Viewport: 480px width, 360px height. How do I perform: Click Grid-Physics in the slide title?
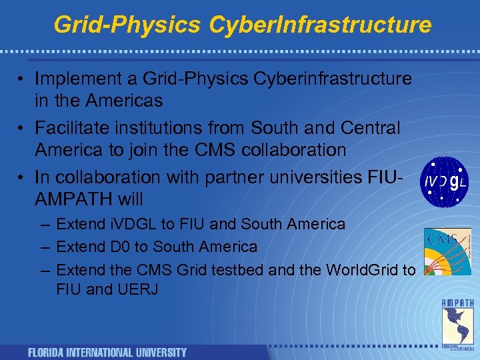(x=127, y=25)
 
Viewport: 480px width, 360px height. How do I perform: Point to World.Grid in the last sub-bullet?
(x=359, y=269)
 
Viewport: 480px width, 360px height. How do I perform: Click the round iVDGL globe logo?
(x=445, y=181)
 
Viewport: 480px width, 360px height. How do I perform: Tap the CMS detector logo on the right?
(x=447, y=251)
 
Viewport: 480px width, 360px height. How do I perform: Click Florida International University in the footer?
(x=107, y=352)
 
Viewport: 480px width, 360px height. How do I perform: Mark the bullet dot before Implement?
(x=22, y=79)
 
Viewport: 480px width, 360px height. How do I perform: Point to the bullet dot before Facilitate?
(x=22, y=128)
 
